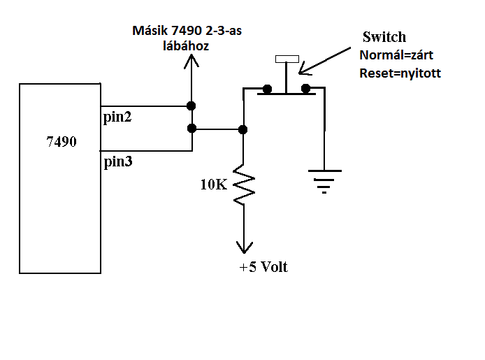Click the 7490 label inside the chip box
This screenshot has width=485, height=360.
[x=61, y=142]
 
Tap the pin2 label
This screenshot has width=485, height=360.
[x=117, y=117]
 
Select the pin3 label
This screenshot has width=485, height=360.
[x=118, y=161]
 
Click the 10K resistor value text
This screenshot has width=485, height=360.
[x=214, y=185]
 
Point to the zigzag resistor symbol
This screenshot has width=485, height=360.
[x=244, y=185]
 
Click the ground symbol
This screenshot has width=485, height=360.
[x=324, y=181]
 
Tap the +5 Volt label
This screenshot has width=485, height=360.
[x=263, y=266]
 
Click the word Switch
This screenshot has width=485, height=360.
[x=384, y=37]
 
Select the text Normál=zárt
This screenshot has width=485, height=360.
[x=396, y=55]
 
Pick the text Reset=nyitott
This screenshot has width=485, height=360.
[x=400, y=73]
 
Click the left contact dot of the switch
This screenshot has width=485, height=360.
[x=267, y=89]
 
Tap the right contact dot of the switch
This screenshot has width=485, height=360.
[x=305, y=89]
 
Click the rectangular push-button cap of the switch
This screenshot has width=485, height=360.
[x=287, y=59]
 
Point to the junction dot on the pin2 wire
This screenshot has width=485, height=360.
[x=191, y=106]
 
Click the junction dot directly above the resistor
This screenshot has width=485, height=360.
[x=243, y=129]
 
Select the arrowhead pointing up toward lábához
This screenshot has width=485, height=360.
[x=191, y=61]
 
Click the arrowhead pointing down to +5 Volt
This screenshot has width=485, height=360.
[x=245, y=247]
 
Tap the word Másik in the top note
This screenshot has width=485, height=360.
[x=150, y=31]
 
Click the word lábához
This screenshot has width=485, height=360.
[x=186, y=46]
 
